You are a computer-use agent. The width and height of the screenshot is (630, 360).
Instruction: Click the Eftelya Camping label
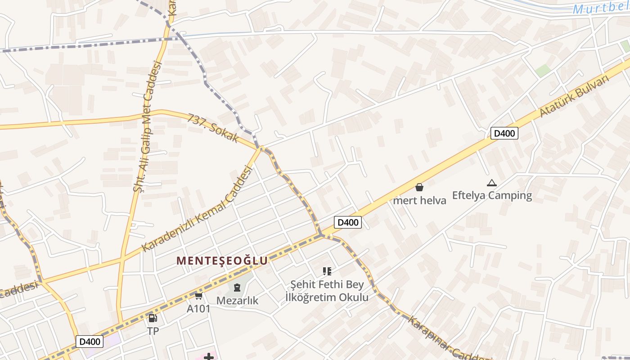492,195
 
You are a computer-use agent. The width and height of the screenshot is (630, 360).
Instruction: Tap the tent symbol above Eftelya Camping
491,183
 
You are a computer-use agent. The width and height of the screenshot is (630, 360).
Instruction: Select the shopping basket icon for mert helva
419,187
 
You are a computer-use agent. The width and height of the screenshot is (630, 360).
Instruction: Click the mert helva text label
419,200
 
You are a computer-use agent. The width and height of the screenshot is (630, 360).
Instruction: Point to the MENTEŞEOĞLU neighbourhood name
222,261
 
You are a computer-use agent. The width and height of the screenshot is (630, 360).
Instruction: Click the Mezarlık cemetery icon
237,287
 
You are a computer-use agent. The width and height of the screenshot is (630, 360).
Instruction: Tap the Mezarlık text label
237,300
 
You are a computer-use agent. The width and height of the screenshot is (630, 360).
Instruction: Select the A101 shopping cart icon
198,296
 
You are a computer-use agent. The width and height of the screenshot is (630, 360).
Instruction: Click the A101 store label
198,309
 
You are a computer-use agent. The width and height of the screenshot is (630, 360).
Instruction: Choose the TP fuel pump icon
153,318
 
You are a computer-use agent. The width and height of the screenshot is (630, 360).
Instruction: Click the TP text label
153,331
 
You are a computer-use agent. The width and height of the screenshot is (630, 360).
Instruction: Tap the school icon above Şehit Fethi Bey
327,271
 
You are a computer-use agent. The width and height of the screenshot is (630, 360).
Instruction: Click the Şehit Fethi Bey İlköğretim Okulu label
327,291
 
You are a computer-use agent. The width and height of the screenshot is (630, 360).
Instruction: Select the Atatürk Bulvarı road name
574,96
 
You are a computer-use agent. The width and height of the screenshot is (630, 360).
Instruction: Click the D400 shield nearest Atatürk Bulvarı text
504,133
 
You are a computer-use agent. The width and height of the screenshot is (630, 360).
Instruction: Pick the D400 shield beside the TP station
89,342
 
